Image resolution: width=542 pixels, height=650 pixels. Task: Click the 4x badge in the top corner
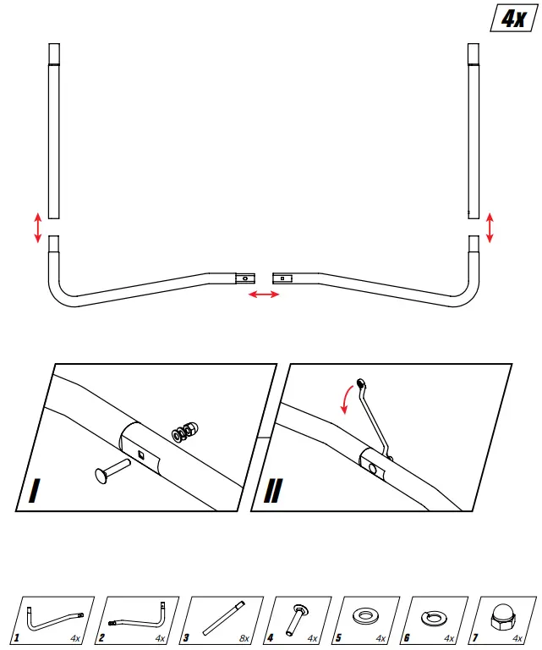pyautogui.click(x=512, y=19)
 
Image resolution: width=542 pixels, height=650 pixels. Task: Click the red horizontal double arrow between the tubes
pyautogui.click(x=262, y=294)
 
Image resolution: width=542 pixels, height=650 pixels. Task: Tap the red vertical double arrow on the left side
pyautogui.click(x=37, y=228)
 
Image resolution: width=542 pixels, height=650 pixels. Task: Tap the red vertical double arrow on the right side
pyautogui.click(x=490, y=228)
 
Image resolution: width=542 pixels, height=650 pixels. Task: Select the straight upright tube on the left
pyautogui.click(x=54, y=132)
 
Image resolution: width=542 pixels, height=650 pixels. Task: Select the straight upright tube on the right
pyautogui.click(x=474, y=132)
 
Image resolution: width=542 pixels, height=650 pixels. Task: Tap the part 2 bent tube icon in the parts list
pyautogui.click(x=135, y=619)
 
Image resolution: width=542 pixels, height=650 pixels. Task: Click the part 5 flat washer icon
pyautogui.click(x=368, y=615)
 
